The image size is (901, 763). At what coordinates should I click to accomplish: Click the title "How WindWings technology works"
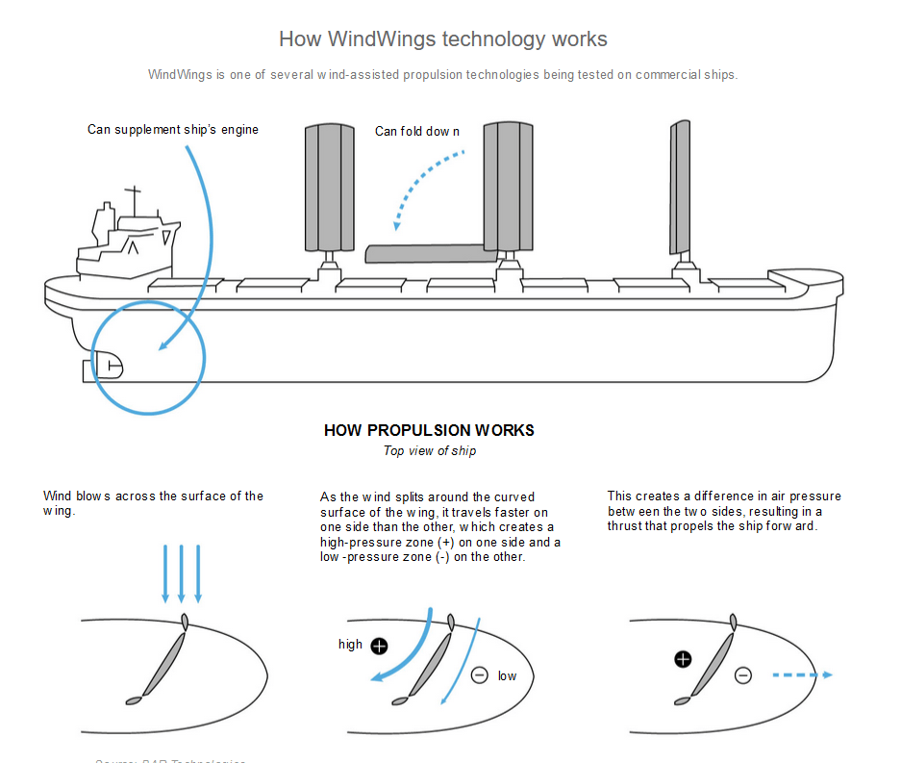[x=442, y=39]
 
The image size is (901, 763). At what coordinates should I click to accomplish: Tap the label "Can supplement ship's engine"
[x=173, y=130]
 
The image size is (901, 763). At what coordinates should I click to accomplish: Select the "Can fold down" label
[x=417, y=132]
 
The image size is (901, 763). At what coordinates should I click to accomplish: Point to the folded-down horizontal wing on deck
[x=423, y=253]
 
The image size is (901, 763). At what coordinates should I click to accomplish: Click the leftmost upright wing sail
[x=330, y=188]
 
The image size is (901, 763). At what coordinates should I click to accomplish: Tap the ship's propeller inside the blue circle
[x=109, y=366]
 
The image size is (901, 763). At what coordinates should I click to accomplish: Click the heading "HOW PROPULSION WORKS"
[x=429, y=430]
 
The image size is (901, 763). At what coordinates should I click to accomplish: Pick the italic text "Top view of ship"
[x=429, y=451]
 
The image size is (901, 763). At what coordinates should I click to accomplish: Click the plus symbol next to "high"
[x=379, y=646]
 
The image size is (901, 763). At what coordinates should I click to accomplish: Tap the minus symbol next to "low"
[x=479, y=675]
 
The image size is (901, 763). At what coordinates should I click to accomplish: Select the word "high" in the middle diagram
[x=350, y=645]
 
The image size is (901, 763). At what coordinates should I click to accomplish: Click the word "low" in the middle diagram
[x=507, y=676]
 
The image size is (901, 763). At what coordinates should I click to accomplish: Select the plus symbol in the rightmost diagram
[x=683, y=659]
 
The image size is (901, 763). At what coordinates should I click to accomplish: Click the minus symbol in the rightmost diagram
[x=742, y=675]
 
